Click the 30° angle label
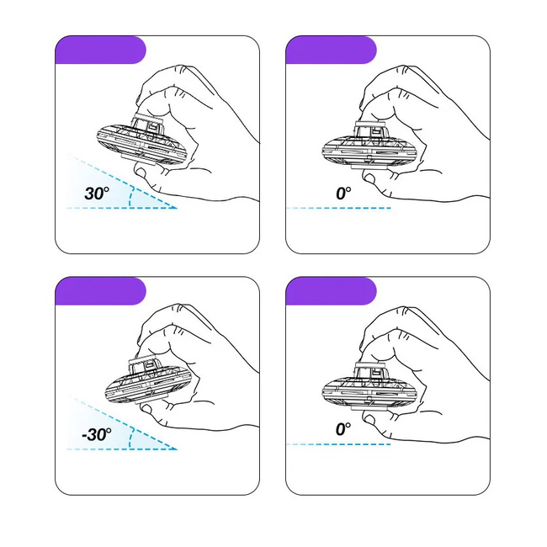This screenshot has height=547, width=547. (x=97, y=193)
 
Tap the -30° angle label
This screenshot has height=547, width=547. (x=97, y=434)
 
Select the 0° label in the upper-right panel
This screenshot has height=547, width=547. (x=343, y=194)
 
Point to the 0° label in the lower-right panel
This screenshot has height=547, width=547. (x=343, y=429)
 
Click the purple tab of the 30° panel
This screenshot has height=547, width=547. (x=100, y=50)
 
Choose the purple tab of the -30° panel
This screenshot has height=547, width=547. (x=100, y=291)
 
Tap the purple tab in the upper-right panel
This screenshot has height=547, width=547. (x=331, y=50)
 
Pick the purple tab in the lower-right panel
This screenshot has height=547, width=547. (x=331, y=291)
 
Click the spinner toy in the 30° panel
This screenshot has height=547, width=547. (x=144, y=141)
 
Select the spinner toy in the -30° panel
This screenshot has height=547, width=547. (x=149, y=382)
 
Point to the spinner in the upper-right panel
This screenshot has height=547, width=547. (x=369, y=146)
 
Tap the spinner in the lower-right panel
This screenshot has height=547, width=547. (x=369, y=387)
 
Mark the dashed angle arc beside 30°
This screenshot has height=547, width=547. (x=130, y=197)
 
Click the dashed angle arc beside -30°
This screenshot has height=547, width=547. (x=130, y=438)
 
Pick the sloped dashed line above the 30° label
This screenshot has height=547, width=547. (x=122, y=181)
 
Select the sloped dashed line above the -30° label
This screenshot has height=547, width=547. (x=122, y=422)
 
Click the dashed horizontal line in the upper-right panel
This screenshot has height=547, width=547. (x=338, y=208)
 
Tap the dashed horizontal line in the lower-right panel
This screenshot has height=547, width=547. (x=338, y=444)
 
